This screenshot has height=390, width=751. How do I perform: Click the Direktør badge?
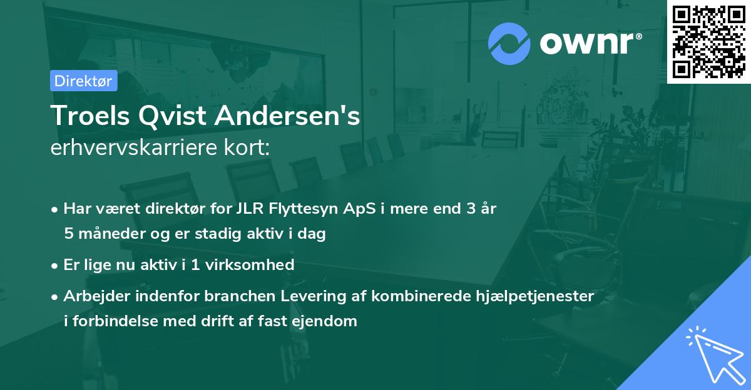click(x=83, y=81)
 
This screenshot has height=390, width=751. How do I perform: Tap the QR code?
click(x=708, y=41)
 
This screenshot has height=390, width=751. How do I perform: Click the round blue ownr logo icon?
click(x=509, y=43)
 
